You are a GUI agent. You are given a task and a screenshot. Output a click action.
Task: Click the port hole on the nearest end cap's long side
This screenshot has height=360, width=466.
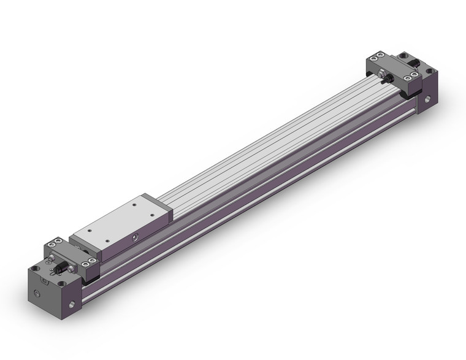point(74,304)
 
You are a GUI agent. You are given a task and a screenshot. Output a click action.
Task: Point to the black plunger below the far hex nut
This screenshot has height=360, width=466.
point(388,84)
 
